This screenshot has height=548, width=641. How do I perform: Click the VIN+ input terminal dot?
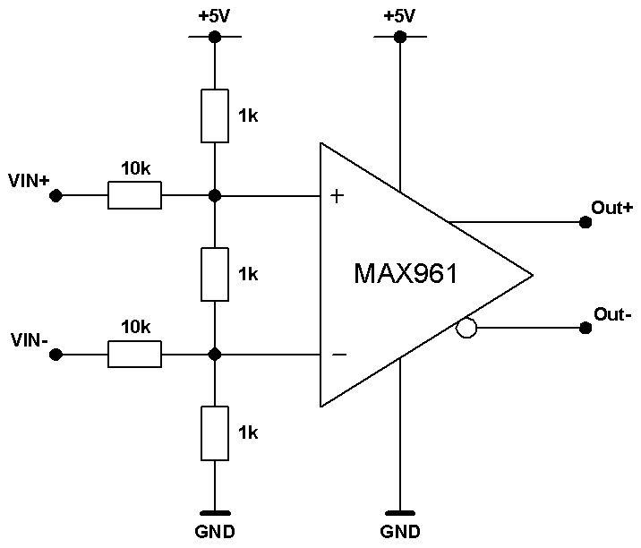[x=56, y=195]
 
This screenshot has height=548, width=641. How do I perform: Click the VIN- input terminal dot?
[x=56, y=355]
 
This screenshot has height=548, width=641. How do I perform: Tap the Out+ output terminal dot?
[x=585, y=222]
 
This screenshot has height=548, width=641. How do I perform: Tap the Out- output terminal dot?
[x=585, y=328]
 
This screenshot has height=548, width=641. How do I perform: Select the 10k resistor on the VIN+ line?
[x=134, y=195]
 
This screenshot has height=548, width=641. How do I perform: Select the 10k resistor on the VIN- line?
[x=134, y=355]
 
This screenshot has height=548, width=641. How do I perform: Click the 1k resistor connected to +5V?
[x=215, y=116]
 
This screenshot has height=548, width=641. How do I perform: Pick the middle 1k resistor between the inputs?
[x=215, y=274]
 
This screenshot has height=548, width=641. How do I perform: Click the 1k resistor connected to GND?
[x=215, y=433]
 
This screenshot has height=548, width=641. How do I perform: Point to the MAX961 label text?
[x=406, y=273]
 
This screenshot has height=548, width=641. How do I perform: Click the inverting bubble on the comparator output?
[x=466, y=328]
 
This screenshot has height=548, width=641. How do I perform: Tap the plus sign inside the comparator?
[x=337, y=196]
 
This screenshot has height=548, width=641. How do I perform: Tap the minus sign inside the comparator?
[x=339, y=355]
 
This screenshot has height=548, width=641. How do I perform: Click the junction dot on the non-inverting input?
[x=215, y=195]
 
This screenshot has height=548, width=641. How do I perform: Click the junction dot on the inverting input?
[x=215, y=355]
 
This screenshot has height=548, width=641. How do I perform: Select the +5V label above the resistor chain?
[x=214, y=16]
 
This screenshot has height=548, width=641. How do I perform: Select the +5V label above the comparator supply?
[x=399, y=16]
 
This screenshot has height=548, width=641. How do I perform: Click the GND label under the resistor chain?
[x=215, y=532]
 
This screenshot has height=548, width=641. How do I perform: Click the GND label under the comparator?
[x=400, y=532]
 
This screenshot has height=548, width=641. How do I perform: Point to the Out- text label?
[x=612, y=314]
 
